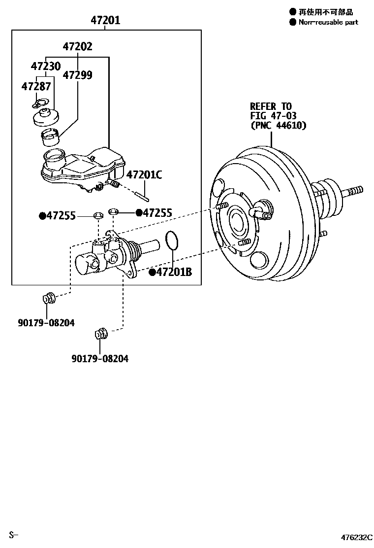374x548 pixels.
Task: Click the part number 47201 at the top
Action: (105, 21)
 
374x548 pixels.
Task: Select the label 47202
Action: (77, 47)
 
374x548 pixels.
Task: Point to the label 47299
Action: (77, 75)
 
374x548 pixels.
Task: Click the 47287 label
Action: (36, 86)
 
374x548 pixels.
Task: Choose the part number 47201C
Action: (144, 174)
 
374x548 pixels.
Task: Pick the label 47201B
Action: (174, 272)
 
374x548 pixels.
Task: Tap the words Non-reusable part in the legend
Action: (328, 22)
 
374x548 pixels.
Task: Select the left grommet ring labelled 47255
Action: (98, 215)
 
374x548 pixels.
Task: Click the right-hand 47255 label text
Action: (157, 213)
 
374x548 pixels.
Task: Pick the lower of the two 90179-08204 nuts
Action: (100, 334)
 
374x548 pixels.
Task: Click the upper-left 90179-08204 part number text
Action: (46, 323)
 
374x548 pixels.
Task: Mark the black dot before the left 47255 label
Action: (42, 215)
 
